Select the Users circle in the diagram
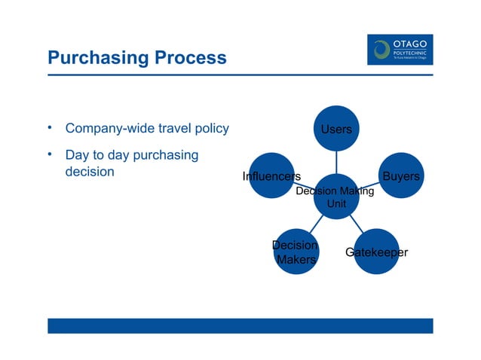point(336,129)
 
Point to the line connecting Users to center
point(336,162)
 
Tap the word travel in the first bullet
point(167,129)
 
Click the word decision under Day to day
point(90,172)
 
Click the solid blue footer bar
point(240,325)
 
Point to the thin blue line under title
point(240,75)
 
